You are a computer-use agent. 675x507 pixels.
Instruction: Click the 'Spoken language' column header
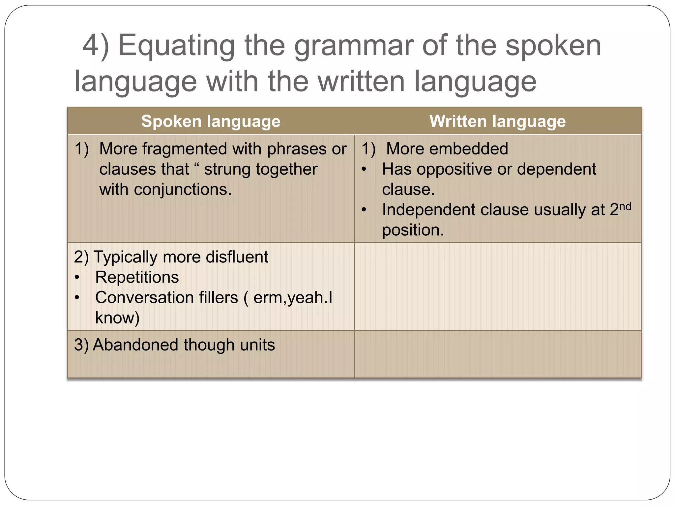click(x=211, y=121)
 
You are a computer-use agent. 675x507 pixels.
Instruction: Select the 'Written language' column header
click(x=497, y=121)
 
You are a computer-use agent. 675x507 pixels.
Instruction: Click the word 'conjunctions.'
click(x=183, y=189)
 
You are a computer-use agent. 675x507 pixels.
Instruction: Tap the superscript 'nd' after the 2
click(x=625, y=207)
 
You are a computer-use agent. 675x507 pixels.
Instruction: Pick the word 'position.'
click(x=413, y=230)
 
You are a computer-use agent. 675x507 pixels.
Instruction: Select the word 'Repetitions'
click(x=137, y=277)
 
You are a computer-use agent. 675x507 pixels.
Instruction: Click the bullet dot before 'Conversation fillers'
click(x=77, y=298)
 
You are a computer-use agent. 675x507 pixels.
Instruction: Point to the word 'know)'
click(x=117, y=318)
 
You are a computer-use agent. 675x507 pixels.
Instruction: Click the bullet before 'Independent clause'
click(x=364, y=210)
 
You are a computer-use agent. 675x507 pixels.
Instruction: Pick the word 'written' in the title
click(x=361, y=82)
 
